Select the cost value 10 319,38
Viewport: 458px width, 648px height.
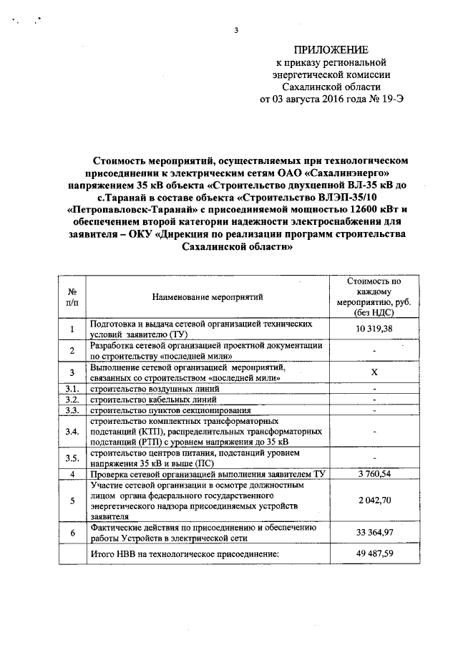(x=374, y=329)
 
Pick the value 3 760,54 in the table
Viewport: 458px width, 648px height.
(x=374, y=474)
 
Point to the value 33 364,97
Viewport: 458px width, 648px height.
(x=374, y=533)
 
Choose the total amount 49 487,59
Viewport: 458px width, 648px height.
(x=374, y=554)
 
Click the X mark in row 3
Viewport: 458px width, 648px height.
(x=374, y=372)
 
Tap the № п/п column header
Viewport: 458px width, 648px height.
(x=72, y=297)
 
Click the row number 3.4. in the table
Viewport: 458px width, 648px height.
(x=72, y=432)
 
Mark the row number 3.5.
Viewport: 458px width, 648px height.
(x=72, y=458)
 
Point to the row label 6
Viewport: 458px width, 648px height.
(x=72, y=533)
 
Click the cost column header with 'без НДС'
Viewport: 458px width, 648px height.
(x=374, y=297)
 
